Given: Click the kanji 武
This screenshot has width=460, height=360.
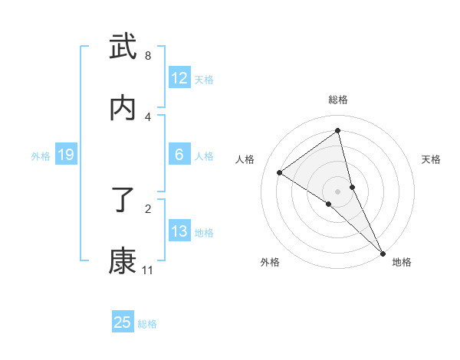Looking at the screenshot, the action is click(x=123, y=47).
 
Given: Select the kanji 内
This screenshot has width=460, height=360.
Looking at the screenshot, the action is click(x=123, y=108).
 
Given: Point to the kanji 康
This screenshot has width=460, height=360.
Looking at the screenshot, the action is click(x=123, y=261).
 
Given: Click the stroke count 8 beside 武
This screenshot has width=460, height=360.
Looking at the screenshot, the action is click(x=148, y=56).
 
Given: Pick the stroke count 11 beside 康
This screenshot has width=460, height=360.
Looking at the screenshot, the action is click(x=148, y=270).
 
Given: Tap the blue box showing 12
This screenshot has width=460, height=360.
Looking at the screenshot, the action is click(x=179, y=78).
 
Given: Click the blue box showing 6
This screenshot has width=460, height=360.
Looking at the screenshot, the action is click(x=179, y=155).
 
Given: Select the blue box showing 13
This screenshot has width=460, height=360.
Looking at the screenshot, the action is click(x=179, y=231).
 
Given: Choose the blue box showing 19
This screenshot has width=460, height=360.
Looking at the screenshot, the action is click(x=66, y=155).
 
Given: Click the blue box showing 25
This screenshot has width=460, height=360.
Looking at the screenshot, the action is click(x=123, y=322).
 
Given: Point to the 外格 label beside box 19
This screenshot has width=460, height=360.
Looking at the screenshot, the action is click(x=41, y=156).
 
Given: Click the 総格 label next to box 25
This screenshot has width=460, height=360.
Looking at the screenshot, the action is click(x=147, y=324).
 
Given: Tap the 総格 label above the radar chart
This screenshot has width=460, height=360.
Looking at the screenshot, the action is click(x=338, y=100).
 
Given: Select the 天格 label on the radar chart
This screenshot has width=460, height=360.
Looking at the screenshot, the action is click(x=432, y=159).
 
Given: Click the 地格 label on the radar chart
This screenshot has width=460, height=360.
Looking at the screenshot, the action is click(x=402, y=262).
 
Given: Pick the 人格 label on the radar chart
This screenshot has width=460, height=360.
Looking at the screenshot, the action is click(x=245, y=159).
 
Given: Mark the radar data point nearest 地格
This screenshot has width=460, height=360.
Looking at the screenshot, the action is click(x=382, y=253).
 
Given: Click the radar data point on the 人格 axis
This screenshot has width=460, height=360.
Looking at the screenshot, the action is click(x=280, y=172).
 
